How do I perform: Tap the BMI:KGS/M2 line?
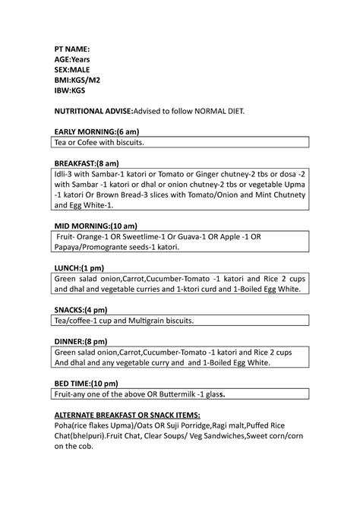click(x=76, y=79)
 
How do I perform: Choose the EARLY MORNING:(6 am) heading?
click(x=96, y=131)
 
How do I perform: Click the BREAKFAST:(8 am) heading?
click(x=86, y=163)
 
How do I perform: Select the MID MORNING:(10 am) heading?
click(x=95, y=226)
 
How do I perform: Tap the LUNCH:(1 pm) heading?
click(x=78, y=267)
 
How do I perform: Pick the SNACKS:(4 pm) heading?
click(x=80, y=310)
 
